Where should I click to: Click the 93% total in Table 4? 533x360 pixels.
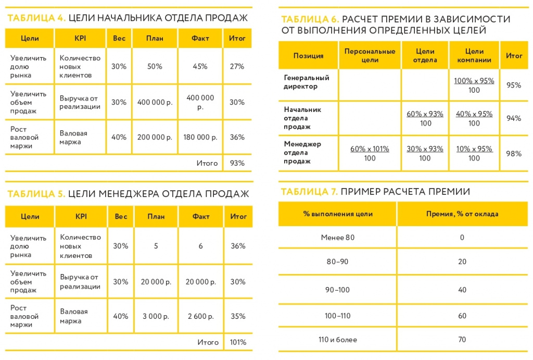(237, 163)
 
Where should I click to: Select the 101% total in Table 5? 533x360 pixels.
(237, 342)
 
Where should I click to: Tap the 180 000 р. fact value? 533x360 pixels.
(200, 138)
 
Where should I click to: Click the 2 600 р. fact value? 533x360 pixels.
(200, 316)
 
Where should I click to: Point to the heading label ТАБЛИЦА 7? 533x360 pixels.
(309, 192)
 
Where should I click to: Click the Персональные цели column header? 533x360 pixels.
(370, 56)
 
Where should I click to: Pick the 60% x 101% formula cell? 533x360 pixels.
(370, 153)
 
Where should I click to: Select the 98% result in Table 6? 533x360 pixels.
(514, 153)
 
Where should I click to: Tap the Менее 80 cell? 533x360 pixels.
(337, 238)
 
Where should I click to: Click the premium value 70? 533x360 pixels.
(462, 340)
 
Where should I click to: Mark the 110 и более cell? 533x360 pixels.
(337, 340)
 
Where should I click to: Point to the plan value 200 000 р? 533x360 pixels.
(155, 138)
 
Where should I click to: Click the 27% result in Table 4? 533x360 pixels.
(237, 67)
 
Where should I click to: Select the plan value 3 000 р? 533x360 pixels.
(156, 316)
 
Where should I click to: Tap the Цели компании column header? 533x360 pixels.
(474, 56)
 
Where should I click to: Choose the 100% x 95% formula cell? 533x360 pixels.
(474, 85)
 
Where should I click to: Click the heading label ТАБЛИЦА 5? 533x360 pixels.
(36, 194)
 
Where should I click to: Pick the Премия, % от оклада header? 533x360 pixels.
(462, 214)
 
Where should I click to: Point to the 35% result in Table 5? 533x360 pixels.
(238, 316)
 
